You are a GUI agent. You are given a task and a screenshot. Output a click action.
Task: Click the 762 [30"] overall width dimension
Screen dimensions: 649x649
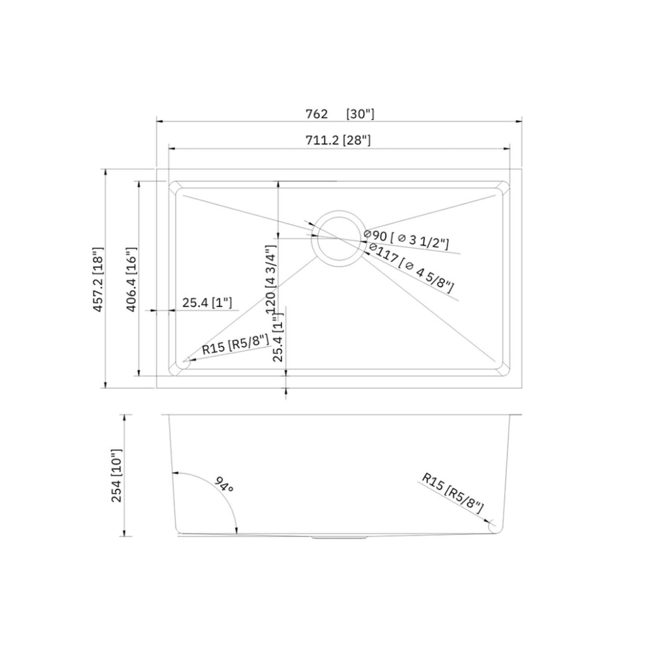[x=339, y=114]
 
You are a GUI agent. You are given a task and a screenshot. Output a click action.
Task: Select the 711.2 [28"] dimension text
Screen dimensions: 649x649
[x=338, y=140]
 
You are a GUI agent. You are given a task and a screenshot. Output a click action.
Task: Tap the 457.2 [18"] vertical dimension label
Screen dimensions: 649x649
[x=98, y=280]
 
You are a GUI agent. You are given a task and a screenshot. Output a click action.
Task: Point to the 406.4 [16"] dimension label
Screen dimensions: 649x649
[x=131, y=280]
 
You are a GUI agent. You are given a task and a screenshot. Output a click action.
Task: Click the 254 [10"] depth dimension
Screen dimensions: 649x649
[x=116, y=475]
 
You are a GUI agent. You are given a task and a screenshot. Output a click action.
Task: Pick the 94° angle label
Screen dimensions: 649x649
[x=223, y=484]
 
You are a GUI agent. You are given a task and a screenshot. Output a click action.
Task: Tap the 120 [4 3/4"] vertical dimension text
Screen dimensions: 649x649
[x=271, y=279]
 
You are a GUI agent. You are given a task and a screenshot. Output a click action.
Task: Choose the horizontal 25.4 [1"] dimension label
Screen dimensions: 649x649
[x=207, y=303]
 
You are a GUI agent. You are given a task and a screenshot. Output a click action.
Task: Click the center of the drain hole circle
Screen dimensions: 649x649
[x=338, y=236]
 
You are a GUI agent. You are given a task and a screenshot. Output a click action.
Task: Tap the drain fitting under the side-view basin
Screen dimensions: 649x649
[x=338, y=538]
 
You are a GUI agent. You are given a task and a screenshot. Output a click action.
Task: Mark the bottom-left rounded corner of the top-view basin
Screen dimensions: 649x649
[x=180, y=366]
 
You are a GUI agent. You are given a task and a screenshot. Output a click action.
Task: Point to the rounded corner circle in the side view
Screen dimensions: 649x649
[x=494, y=527]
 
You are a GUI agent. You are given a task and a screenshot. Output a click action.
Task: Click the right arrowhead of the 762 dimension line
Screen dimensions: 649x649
[x=520, y=121]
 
